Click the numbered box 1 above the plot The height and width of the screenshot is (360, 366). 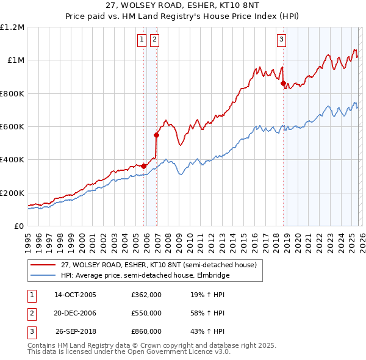[142, 40]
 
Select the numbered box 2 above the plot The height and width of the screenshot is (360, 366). [154, 40]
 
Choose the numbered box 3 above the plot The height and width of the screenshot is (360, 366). [281, 40]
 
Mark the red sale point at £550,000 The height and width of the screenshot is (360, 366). [157, 135]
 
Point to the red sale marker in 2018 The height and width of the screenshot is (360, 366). [284, 84]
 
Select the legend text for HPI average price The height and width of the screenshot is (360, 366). [145, 275]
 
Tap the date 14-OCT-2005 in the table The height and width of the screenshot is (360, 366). [75, 294]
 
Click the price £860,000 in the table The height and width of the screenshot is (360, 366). [146, 332]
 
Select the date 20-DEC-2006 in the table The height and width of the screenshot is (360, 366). [75, 313]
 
